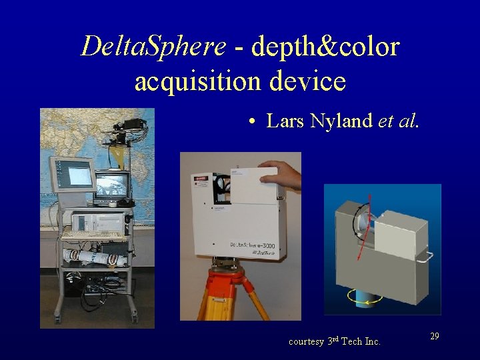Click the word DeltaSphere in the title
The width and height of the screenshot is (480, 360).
(x=153, y=46)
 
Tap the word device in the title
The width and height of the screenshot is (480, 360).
(x=308, y=81)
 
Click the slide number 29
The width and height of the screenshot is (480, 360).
(x=434, y=337)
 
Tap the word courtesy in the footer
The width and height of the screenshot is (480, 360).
(x=306, y=341)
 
